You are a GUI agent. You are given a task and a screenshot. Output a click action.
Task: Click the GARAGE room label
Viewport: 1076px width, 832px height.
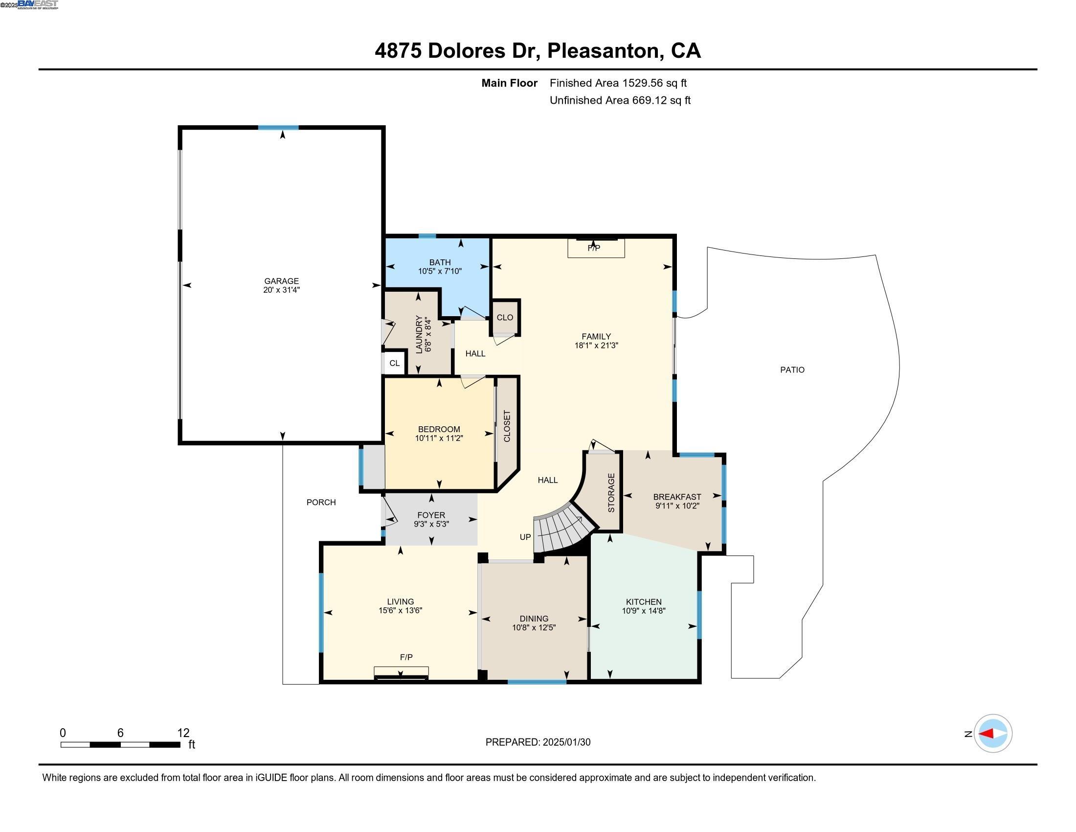(281, 281)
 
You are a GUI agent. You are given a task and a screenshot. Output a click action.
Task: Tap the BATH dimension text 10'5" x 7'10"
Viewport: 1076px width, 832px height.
(440, 271)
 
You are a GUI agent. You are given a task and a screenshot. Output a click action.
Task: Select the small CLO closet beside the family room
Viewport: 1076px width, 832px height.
(505, 318)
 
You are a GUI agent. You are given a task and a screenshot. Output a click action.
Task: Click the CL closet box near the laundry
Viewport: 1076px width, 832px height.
(394, 363)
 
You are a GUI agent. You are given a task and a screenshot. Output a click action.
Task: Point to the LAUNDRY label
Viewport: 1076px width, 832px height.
(419, 334)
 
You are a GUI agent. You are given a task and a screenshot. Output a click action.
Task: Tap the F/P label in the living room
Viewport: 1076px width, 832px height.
(406, 657)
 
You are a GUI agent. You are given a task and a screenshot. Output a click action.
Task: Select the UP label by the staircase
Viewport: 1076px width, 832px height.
(525, 537)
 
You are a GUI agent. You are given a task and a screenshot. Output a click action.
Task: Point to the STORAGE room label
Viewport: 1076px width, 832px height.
(611, 493)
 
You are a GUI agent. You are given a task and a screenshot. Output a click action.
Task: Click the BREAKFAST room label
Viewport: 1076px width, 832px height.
(677, 497)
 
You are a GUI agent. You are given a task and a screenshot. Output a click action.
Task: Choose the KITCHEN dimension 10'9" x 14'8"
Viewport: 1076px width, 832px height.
(644, 611)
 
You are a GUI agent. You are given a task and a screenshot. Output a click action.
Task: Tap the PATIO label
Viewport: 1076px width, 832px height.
(792, 370)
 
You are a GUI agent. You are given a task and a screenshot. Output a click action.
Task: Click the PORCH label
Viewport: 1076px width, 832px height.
(321, 502)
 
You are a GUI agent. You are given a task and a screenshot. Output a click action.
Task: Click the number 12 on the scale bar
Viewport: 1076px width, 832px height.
(183, 733)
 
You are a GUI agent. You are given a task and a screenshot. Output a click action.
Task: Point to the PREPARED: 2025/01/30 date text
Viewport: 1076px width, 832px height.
(538, 742)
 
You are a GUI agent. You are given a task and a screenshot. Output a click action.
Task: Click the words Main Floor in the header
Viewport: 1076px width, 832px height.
(509, 83)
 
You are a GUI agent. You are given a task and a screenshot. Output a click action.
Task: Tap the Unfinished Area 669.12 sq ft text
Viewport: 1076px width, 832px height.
(620, 100)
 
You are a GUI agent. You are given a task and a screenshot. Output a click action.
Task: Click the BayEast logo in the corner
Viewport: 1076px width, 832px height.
(38, 4)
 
